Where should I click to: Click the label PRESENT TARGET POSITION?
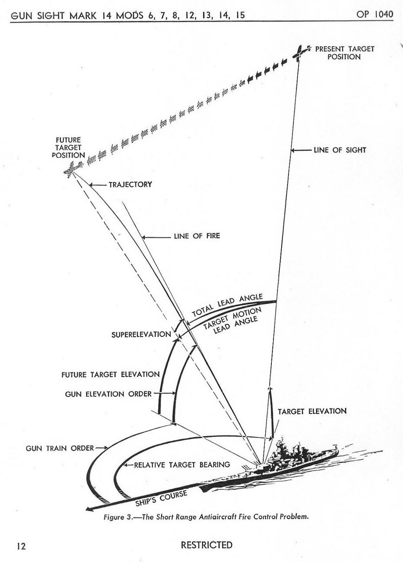[344, 53]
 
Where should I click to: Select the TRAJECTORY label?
[130, 185]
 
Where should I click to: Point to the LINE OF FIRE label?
[196, 236]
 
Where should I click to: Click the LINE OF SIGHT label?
[340, 150]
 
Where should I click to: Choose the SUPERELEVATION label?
[141, 334]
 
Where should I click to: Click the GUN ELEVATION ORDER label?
[108, 394]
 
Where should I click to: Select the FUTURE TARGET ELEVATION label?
[110, 375]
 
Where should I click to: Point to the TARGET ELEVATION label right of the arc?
[312, 411]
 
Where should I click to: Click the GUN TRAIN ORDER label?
[60, 448]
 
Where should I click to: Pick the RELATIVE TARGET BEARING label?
[182, 465]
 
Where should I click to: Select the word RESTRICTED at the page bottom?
[207, 545]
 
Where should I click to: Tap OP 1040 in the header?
[375, 14]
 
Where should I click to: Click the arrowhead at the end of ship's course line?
[88, 508]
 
